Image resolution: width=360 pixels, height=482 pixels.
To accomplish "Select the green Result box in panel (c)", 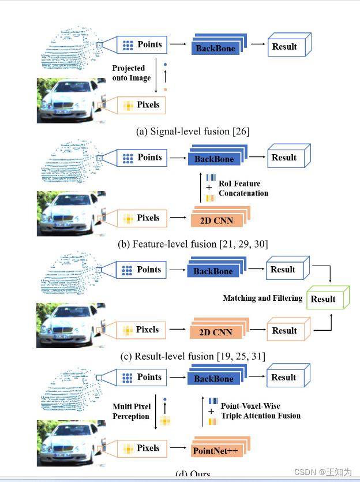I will click(324, 298).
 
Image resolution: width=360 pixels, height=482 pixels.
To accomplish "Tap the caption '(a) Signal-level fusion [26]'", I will click(193, 131).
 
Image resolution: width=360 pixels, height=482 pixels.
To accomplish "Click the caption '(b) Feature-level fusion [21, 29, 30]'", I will click(193, 244).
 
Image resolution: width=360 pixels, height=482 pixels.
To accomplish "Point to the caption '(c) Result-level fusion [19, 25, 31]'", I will click(193, 356).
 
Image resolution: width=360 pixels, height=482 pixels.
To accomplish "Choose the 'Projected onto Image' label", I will click(131, 73).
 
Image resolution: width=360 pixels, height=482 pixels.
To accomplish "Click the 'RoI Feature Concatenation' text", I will click(243, 188).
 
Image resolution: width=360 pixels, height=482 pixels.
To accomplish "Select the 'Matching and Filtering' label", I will click(262, 298).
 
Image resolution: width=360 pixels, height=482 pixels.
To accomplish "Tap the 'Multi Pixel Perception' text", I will click(131, 412).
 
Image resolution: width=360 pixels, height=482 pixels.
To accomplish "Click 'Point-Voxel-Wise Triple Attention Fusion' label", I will click(260, 410).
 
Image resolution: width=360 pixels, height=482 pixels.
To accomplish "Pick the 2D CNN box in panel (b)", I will click(215, 221).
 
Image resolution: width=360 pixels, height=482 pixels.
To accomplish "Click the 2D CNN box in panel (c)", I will click(215, 332).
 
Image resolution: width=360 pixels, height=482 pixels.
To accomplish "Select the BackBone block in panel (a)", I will click(216, 48).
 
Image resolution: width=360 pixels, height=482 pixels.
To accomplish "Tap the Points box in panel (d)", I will click(141, 378).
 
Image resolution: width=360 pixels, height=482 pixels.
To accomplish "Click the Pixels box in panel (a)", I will click(141, 106).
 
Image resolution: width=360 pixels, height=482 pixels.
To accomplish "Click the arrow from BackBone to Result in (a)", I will click(257, 44).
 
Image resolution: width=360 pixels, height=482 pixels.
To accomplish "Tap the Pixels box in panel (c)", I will click(141, 330).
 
